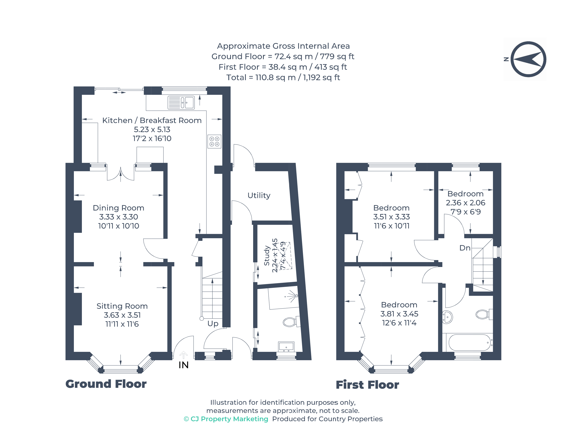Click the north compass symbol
pyautogui.click(x=528, y=59)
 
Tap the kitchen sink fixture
pyautogui.click(x=181, y=103)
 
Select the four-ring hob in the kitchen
pyautogui.click(x=214, y=142)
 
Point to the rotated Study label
pyautogui.click(x=267, y=256)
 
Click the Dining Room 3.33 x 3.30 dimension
pyautogui.click(x=118, y=217)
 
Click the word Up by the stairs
pyautogui.click(x=213, y=323)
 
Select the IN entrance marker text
pyautogui.click(x=183, y=365)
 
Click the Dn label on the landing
pyautogui.click(x=465, y=248)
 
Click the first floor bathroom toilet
pyautogui.click(x=483, y=314)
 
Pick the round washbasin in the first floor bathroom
pyautogui.click(x=447, y=317)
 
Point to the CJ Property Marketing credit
pyautogui.click(x=226, y=419)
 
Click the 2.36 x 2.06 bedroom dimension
pyautogui.click(x=465, y=203)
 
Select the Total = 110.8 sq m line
pyautogui.click(x=283, y=77)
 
